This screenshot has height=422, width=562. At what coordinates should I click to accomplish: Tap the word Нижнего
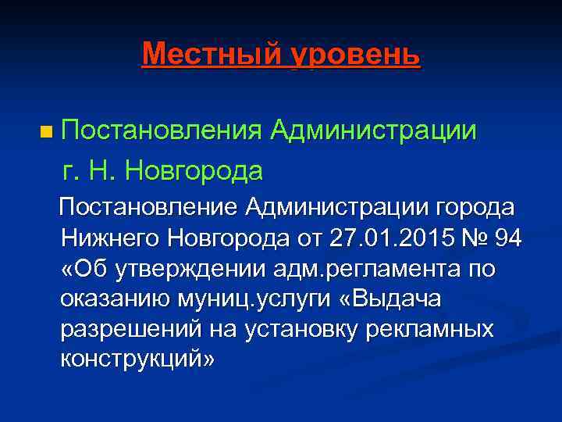tap(115, 238)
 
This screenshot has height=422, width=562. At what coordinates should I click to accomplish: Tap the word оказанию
tap(109, 299)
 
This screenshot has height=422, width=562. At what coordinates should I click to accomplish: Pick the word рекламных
tap(428, 329)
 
